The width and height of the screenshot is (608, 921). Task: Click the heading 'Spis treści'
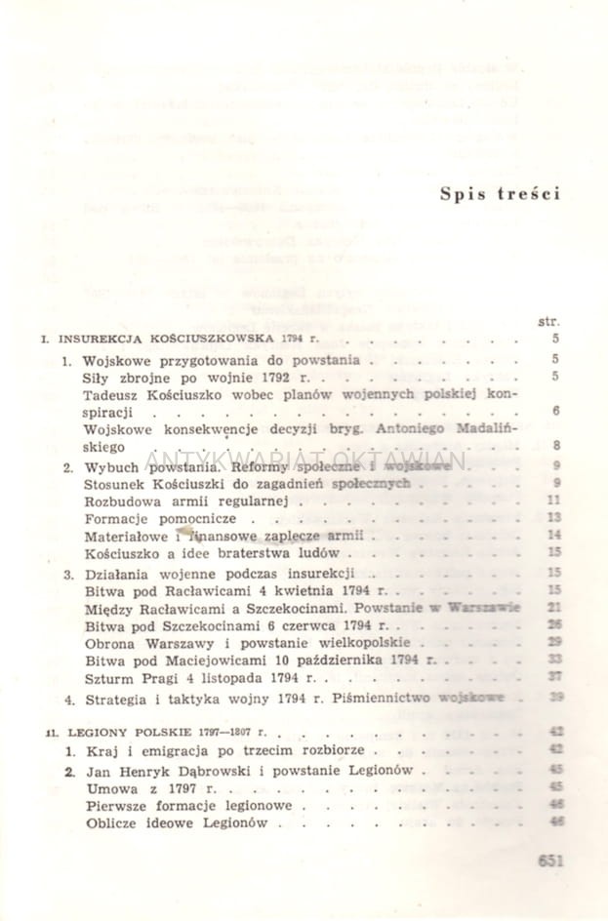click(x=500, y=192)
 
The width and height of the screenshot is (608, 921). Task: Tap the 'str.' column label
click(x=547, y=320)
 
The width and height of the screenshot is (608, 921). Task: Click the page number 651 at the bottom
click(x=551, y=860)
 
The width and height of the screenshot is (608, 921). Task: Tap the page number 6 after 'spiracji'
click(x=554, y=412)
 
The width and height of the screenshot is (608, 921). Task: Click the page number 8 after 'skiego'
click(x=554, y=447)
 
